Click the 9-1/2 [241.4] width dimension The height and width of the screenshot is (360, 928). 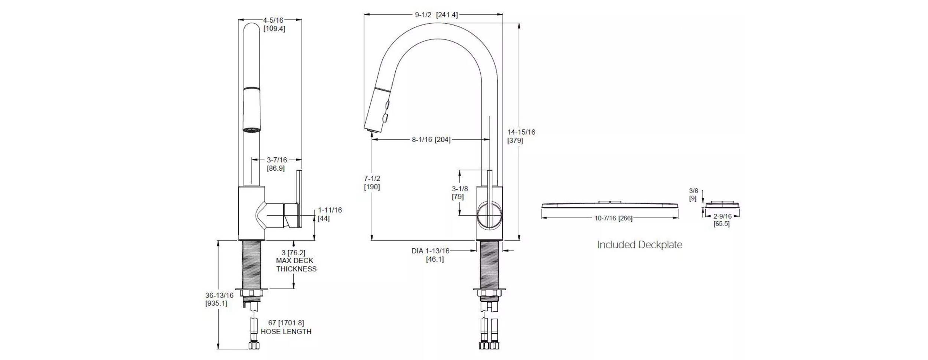pyautogui.click(x=436, y=15)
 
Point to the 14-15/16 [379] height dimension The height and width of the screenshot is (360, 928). pyautogui.click(x=521, y=136)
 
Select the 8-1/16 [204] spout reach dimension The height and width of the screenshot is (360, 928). pyautogui.click(x=431, y=140)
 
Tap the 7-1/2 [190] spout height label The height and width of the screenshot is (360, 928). pyautogui.click(x=372, y=183)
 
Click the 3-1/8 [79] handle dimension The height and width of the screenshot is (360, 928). pyautogui.click(x=460, y=193)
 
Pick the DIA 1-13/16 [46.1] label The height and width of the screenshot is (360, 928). pyautogui.click(x=431, y=255)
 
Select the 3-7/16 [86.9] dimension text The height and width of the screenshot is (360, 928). pyautogui.click(x=277, y=164)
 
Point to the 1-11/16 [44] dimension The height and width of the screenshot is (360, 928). pyautogui.click(x=329, y=214)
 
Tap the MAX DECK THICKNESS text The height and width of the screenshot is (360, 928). pyautogui.click(x=296, y=265)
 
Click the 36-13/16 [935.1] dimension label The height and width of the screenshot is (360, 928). pyautogui.click(x=219, y=299)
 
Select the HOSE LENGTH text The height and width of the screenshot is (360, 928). pyautogui.click(x=286, y=331)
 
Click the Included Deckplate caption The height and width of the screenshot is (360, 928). pyautogui.click(x=639, y=245)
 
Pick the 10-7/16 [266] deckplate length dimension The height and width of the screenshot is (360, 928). pyautogui.click(x=613, y=218)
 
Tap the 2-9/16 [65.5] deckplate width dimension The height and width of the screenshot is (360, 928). pyautogui.click(x=722, y=220)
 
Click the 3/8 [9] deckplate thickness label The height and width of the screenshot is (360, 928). pyautogui.click(x=693, y=194)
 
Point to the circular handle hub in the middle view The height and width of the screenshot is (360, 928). pyautogui.click(x=489, y=216)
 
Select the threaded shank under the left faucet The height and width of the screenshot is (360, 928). pyautogui.click(x=252, y=264)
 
